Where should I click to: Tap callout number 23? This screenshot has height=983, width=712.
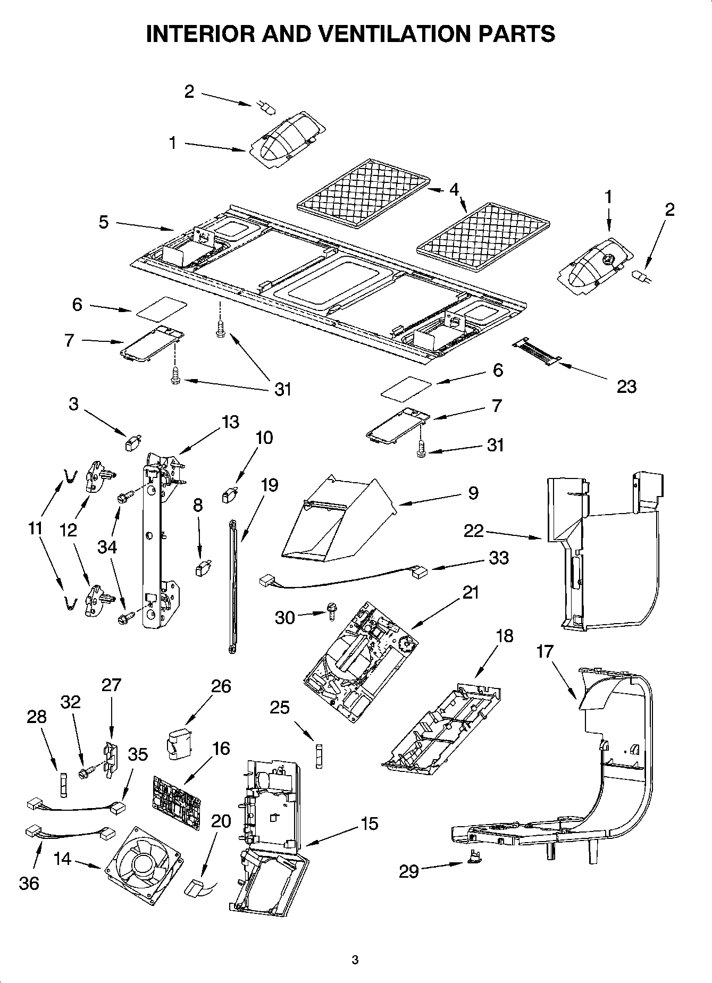626,387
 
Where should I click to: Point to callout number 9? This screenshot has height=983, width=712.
473,493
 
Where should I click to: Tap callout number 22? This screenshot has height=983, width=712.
474,531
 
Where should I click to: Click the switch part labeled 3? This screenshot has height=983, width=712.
132,442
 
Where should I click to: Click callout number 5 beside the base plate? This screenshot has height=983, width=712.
103,222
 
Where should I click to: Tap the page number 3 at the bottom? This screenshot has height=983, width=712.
355,960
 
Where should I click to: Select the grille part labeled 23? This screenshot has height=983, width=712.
536,353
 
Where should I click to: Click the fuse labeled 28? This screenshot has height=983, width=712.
64,784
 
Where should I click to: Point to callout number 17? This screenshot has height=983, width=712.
545,651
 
